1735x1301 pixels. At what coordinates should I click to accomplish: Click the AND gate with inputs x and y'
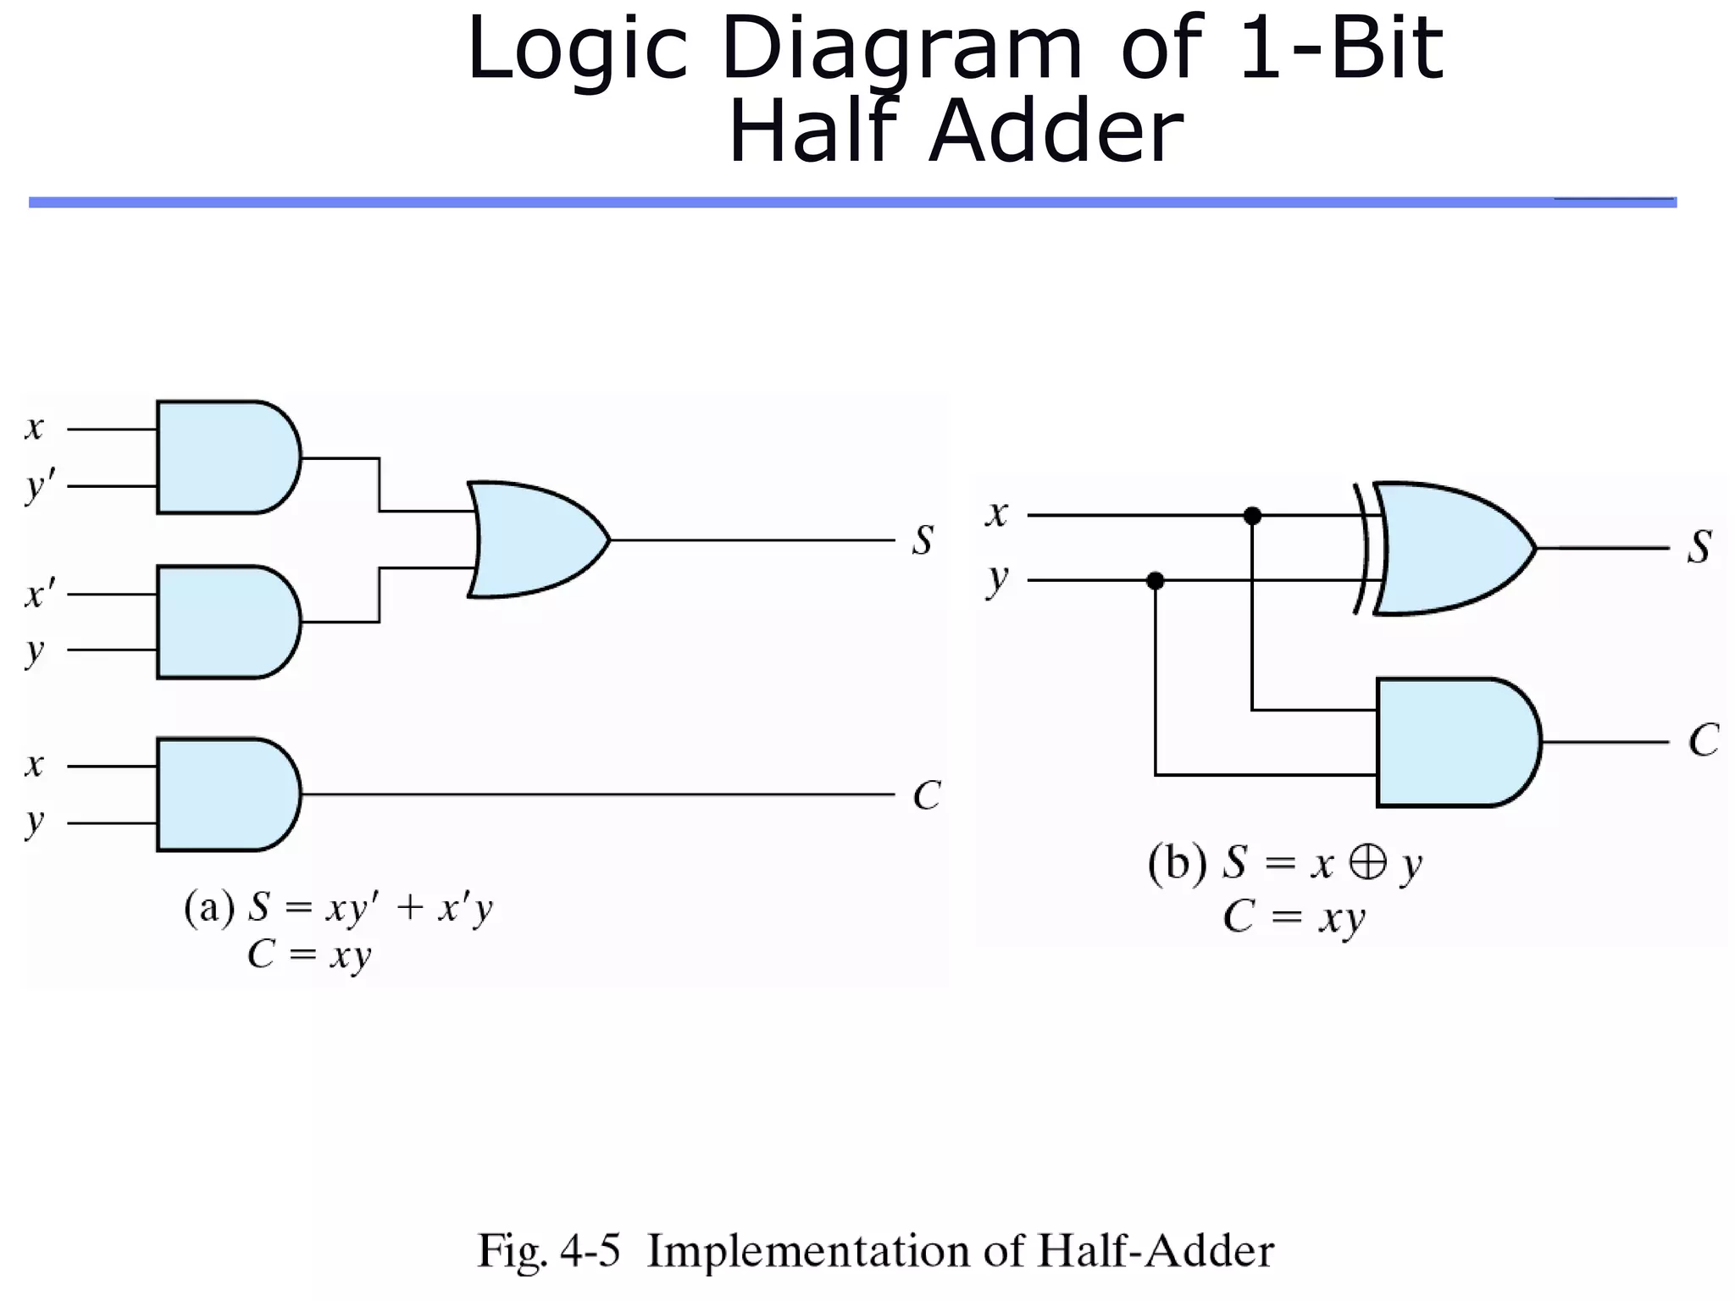pyautogui.click(x=227, y=457)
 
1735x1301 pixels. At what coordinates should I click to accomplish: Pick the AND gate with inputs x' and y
pyautogui.click(x=227, y=622)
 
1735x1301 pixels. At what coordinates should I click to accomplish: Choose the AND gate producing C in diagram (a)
pyautogui.click(x=227, y=794)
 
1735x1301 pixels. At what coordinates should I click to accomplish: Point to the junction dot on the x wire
pyautogui.click(x=1252, y=515)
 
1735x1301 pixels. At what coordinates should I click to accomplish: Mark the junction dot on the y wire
pyautogui.click(x=1155, y=580)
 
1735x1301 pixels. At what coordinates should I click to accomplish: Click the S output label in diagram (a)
pyautogui.click(x=923, y=540)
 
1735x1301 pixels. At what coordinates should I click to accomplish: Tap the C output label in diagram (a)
pyautogui.click(x=926, y=795)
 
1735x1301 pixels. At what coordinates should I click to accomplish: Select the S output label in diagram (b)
pyautogui.click(x=1699, y=547)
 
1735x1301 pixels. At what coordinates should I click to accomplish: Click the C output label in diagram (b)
pyautogui.click(x=1703, y=741)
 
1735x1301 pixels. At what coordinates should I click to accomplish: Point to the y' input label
pyautogui.click(x=40, y=486)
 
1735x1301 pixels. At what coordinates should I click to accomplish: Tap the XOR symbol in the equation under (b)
pyautogui.click(x=1367, y=864)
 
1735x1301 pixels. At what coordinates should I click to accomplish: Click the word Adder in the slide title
pyautogui.click(x=1055, y=131)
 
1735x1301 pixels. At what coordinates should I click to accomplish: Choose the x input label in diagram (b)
pyautogui.click(x=997, y=514)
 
